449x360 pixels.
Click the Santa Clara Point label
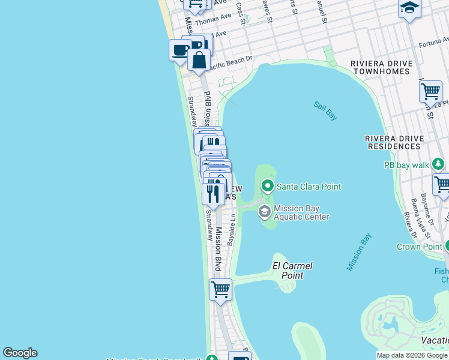click(x=309, y=187)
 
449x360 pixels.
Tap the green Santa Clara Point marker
click(x=267, y=187)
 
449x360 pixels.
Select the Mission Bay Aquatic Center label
click(x=301, y=212)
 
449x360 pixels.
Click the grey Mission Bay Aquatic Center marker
click(x=264, y=212)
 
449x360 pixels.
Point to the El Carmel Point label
click(x=292, y=271)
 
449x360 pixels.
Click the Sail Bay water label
click(x=325, y=111)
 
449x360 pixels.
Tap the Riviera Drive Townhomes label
click(x=381, y=67)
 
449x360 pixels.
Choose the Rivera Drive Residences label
click(x=394, y=142)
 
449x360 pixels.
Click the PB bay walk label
click(x=406, y=164)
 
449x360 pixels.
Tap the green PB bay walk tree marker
click(x=438, y=164)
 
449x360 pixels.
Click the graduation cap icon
click(x=409, y=8)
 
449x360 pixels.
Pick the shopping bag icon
click(x=199, y=59)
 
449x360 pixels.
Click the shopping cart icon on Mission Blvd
click(x=220, y=289)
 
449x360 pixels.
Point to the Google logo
click(x=20, y=353)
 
